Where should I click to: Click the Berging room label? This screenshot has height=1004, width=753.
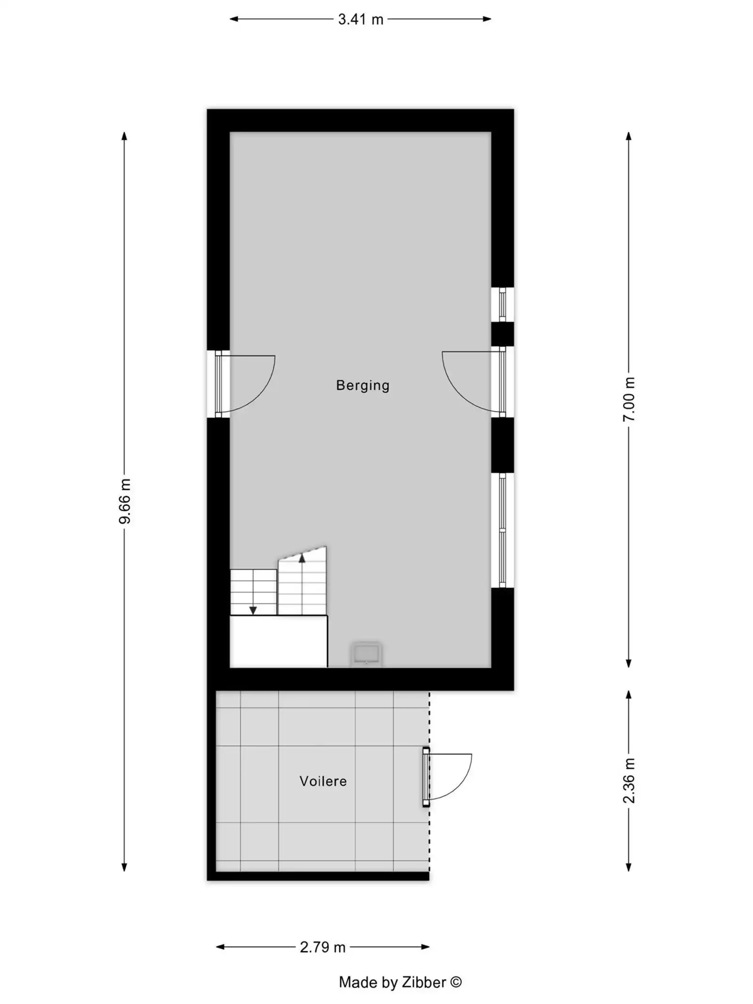[362, 385]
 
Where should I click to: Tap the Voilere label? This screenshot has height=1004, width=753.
[323, 781]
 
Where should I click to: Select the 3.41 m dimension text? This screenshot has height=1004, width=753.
[360, 19]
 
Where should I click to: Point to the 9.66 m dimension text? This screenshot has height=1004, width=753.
[125, 501]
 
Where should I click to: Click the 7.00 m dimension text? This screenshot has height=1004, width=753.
[629, 399]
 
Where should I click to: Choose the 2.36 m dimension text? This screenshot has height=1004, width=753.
[629, 780]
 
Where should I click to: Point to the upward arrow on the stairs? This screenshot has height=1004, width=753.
[302, 559]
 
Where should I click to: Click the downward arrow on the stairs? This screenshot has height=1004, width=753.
[253, 610]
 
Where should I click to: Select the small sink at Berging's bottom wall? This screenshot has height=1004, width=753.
[366, 654]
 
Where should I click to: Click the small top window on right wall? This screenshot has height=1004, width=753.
[502, 304]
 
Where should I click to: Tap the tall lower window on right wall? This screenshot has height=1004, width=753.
[502, 530]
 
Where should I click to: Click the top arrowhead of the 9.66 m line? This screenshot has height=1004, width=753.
[125, 136]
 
